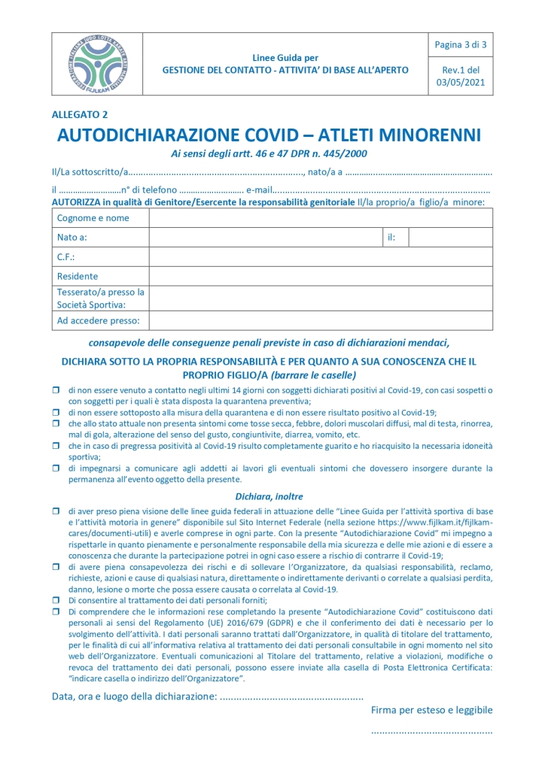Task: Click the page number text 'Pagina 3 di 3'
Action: click(x=461, y=45)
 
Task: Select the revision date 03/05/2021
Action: click(x=461, y=83)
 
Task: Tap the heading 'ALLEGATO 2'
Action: click(x=80, y=114)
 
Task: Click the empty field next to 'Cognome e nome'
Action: click(x=321, y=218)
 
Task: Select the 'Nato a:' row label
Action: click(x=72, y=238)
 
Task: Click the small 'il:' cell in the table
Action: click(x=391, y=238)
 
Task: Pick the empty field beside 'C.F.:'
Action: click(x=321, y=257)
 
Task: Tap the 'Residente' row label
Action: click(x=78, y=276)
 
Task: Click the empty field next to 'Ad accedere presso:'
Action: click(x=321, y=321)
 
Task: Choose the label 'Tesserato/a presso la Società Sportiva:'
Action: click(x=100, y=299)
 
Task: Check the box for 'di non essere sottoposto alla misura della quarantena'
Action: click(x=56, y=413)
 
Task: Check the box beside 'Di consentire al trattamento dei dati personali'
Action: click(x=56, y=600)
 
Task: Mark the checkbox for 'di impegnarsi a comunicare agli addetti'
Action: click(x=56, y=468)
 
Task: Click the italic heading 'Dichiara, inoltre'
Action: click(x=268, y=496)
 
